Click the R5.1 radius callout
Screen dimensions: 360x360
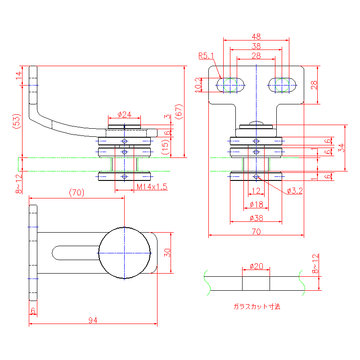click(x=206, y=56)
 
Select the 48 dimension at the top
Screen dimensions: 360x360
click(x=256, y=37)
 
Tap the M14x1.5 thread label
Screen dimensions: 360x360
click(x=152, y=187)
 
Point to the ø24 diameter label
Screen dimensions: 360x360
click(x=125, y=114)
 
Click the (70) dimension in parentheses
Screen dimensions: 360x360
click(x=76, y=193)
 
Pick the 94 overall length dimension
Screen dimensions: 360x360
click(x=93, y=320)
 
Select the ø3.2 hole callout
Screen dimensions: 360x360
click(x=295, y=190)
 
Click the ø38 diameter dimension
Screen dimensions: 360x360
click(x=256, y=218)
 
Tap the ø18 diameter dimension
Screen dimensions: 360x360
click(x=256, y=204)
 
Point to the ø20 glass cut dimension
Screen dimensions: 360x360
click(x=256, y=266)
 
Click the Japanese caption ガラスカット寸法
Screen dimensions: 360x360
click(x=256, y=306)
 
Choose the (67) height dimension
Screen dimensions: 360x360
click(x=179, y=112)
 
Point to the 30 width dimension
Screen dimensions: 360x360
click(x=167, y=253)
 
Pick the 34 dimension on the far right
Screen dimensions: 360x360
click(x=342, y=148)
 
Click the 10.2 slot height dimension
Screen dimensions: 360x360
click(x=198, y=85)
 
